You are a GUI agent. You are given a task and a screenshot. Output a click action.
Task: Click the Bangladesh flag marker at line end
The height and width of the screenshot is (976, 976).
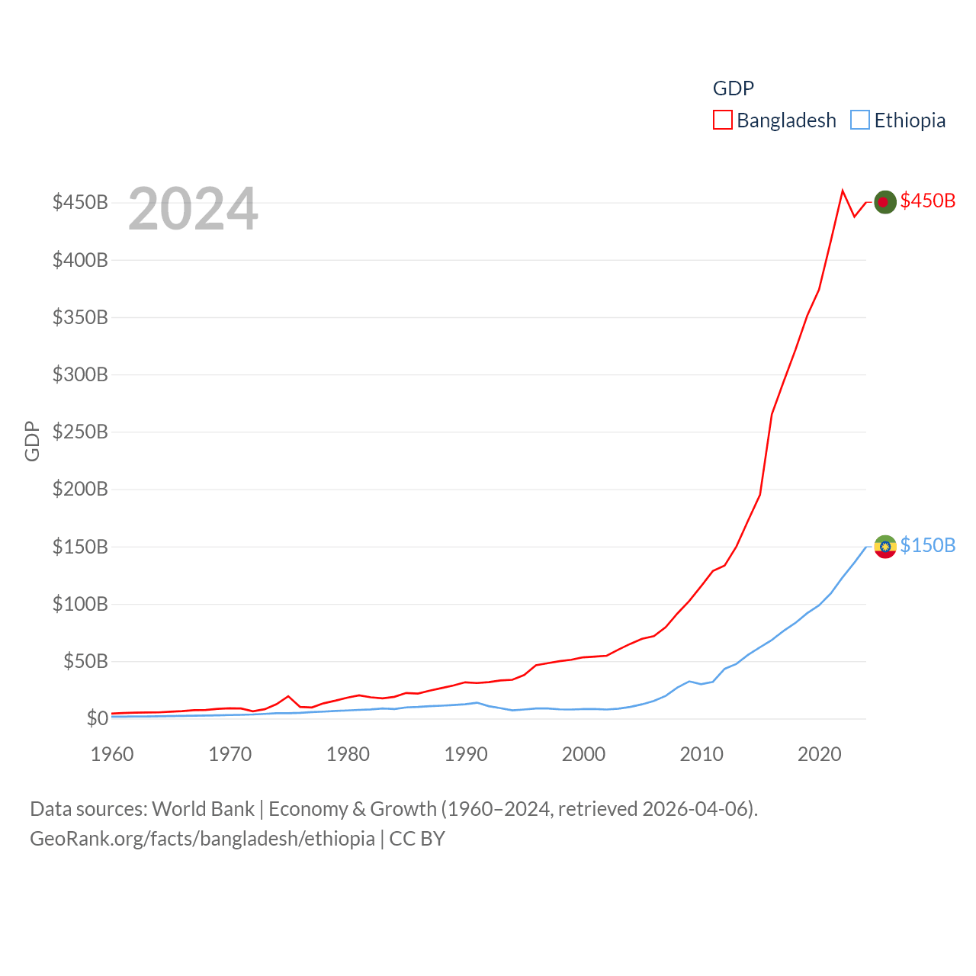click(884, 202)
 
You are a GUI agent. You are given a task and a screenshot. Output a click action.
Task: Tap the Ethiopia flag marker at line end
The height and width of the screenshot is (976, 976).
click(884, 546)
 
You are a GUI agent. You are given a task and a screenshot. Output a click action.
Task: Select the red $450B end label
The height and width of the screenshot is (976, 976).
click(927, 201)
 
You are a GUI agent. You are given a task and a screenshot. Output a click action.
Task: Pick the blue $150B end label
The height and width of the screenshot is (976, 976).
click(927, 545)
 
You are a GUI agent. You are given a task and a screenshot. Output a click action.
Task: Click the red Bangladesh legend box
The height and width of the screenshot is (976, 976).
click(722, 120)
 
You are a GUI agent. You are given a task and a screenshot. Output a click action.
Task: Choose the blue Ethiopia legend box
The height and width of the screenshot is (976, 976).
click(859, 120)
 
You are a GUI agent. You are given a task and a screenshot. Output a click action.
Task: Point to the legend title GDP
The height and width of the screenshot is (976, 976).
click(733, 88)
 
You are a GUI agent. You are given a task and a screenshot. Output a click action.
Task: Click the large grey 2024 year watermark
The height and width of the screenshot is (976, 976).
click(193, 209)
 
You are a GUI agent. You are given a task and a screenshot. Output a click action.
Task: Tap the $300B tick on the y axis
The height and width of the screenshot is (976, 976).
click(80, 374)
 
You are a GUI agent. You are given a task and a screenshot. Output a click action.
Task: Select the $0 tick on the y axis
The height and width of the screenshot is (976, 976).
click(97, 718)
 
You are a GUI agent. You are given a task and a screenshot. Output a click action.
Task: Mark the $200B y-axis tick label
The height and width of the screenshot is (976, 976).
click(80, 489)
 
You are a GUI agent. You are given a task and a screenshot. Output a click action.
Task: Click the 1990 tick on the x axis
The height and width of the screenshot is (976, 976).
click(466, 754)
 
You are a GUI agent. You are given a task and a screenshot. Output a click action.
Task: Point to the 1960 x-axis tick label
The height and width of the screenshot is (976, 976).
click(112, 754)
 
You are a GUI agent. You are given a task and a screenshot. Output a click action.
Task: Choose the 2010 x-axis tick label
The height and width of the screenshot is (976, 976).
click(701, 754)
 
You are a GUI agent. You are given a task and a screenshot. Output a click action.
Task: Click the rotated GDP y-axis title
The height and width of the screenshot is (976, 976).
click(32, 441)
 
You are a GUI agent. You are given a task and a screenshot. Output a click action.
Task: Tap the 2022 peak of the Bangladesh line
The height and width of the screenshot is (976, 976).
click(843, 191)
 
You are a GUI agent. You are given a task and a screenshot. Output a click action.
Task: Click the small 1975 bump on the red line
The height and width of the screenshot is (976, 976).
click(288, 696)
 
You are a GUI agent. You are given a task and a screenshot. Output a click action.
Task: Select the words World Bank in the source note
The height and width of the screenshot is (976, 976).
click(203, 808)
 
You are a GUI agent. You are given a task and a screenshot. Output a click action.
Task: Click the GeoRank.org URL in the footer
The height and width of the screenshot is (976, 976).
click(202, 839)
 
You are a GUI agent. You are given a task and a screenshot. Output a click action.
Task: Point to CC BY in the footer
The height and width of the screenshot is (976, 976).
click(417, 839)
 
